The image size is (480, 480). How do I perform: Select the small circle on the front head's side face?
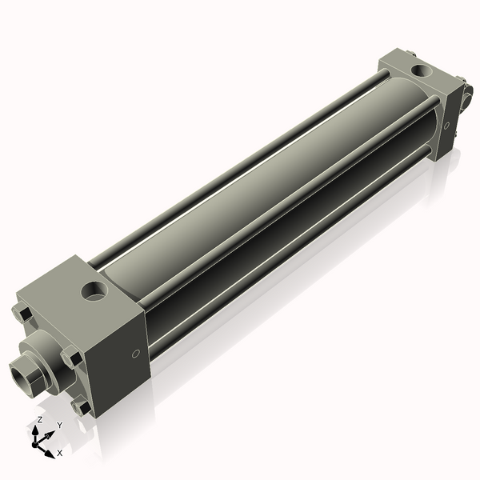pos(135,354)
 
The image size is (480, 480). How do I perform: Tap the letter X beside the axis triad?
pos(59,453)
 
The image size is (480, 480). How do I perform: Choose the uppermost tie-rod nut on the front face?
pos(23,314)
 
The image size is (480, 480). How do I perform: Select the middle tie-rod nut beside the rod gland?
pos(71,358)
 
